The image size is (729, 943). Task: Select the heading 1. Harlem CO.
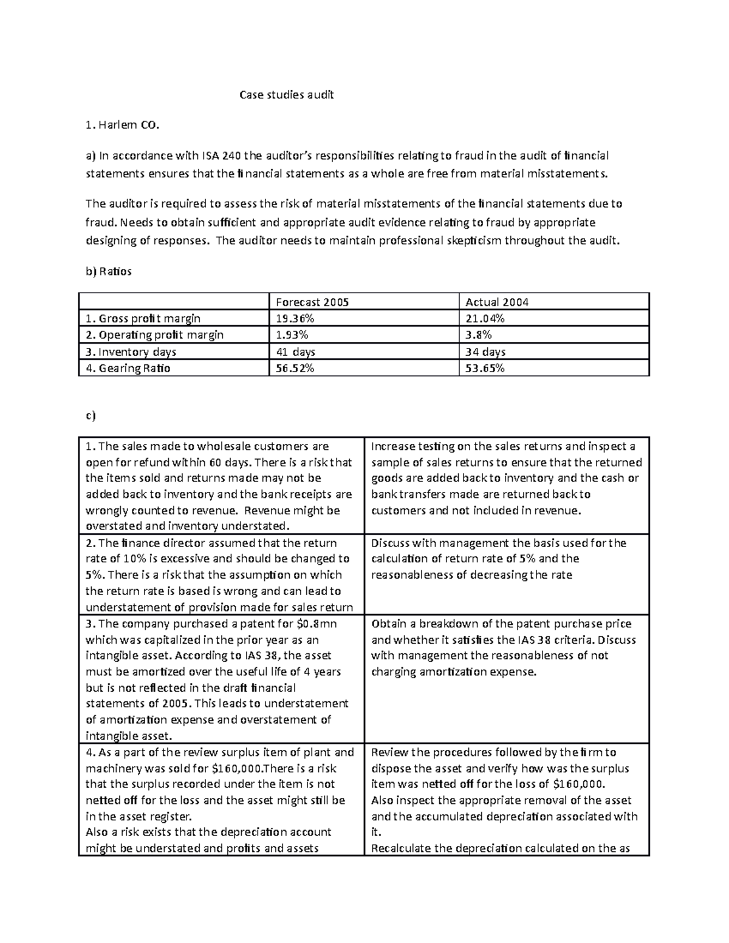pos(122,126)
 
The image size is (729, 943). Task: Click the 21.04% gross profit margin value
pos(484,318)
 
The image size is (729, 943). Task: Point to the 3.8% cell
pos(479,335)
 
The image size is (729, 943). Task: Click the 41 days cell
pos(295,352)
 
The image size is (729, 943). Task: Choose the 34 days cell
pos(485,352)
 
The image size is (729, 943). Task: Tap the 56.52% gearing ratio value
pos(295,368)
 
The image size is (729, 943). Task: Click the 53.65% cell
pos(484,368)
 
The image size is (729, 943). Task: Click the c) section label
pos(91,416)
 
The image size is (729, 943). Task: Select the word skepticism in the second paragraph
pos(471,240)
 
